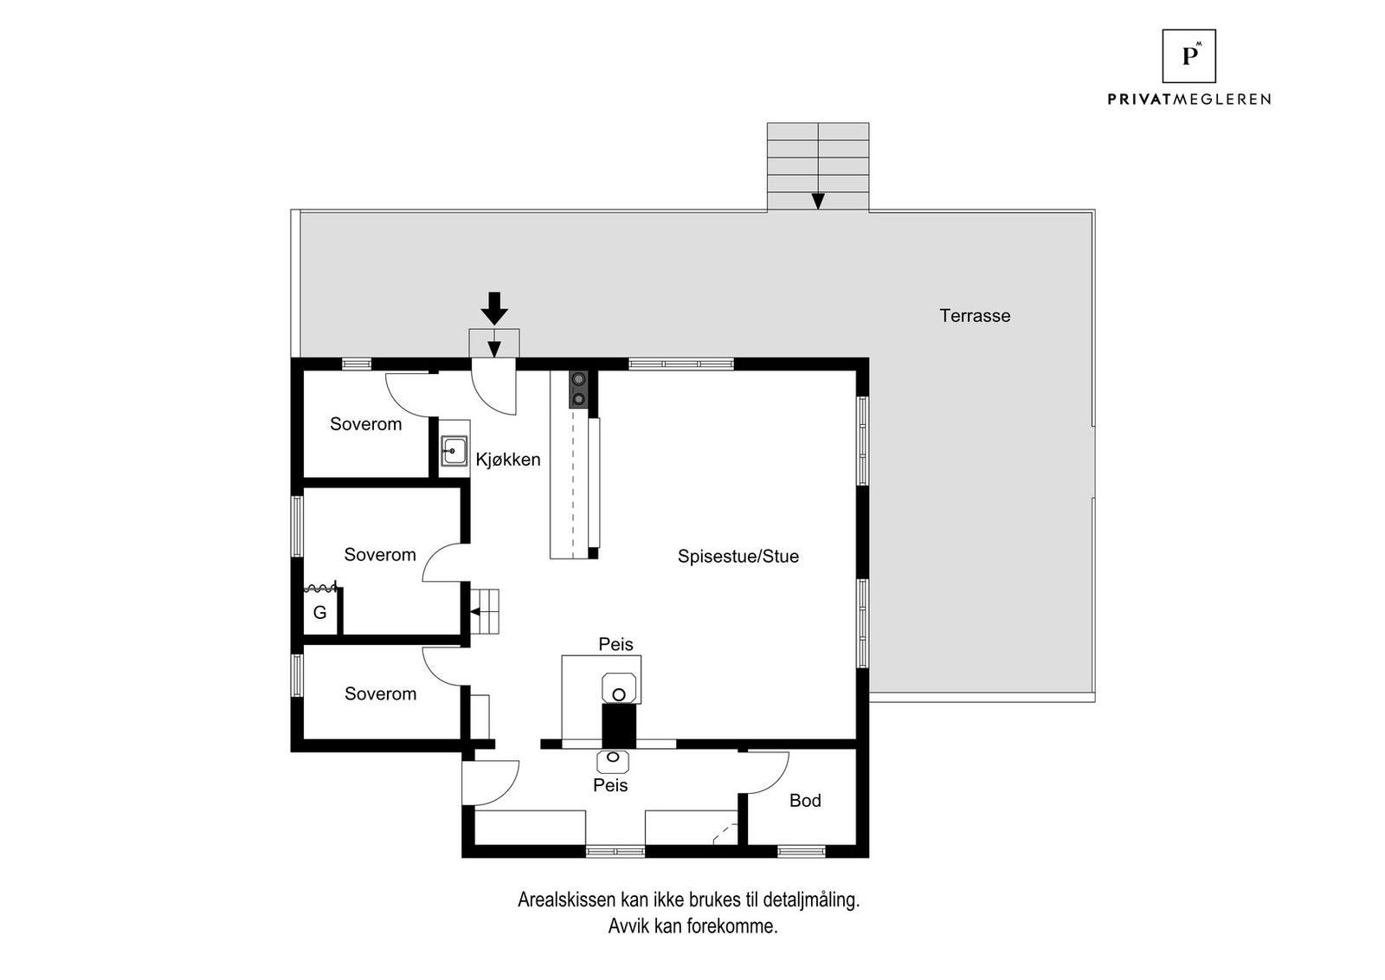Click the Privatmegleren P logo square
tap(1189, 56)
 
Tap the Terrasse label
tap(975, 316)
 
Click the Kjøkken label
tap(508, 460)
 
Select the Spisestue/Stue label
tap(738, 557)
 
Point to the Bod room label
tap(804, 801)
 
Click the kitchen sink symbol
tap(454, 451)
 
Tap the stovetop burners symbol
tap(578, 389)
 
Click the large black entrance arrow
tap(494, 308)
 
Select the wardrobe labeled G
tap(320, 612)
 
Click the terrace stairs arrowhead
tap(818, 201)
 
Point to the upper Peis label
tap(615, 644)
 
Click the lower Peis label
tap(610, 785)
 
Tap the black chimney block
tap(619, 725)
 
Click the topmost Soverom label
tap(365, 424)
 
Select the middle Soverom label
tap(380, 555)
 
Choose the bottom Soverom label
tap(380, 693)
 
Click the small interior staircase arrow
tap(477, 611)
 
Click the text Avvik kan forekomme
tap(692, 926)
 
